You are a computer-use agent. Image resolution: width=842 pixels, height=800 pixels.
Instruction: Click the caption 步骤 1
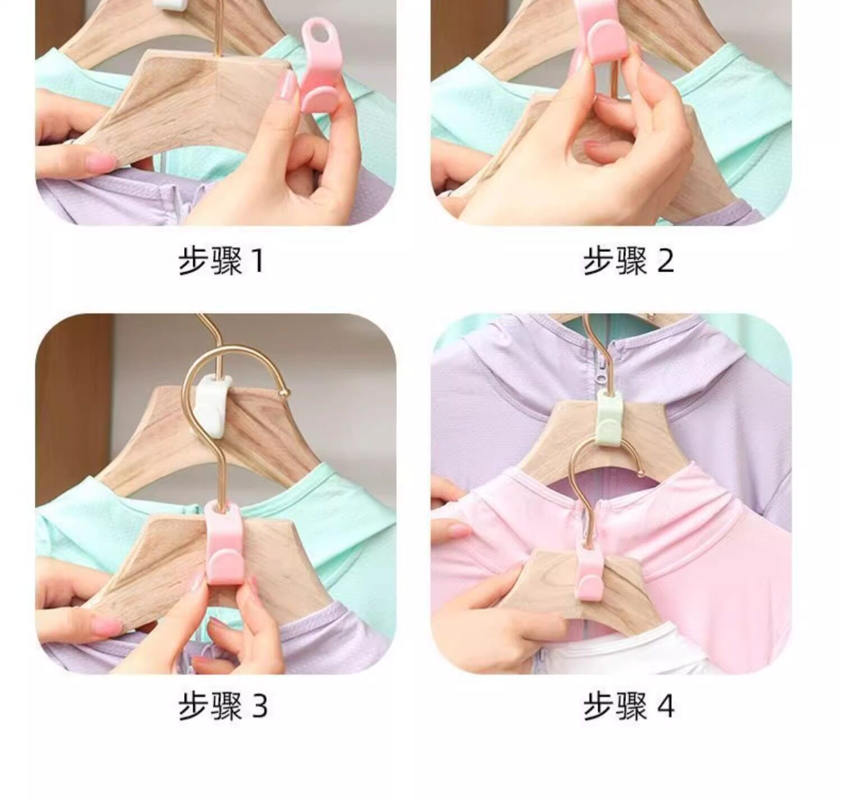pos(221,261)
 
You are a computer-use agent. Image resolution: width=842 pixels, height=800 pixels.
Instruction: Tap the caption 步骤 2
pos(628,261)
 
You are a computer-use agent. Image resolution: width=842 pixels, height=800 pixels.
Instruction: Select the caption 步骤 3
pos(222,706)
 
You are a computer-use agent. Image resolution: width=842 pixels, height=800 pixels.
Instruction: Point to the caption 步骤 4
pos(628,706)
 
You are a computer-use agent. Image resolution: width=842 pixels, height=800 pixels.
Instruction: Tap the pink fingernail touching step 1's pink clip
pos(287,89)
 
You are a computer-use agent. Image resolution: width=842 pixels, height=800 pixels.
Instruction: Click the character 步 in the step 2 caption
pos(598,261)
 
